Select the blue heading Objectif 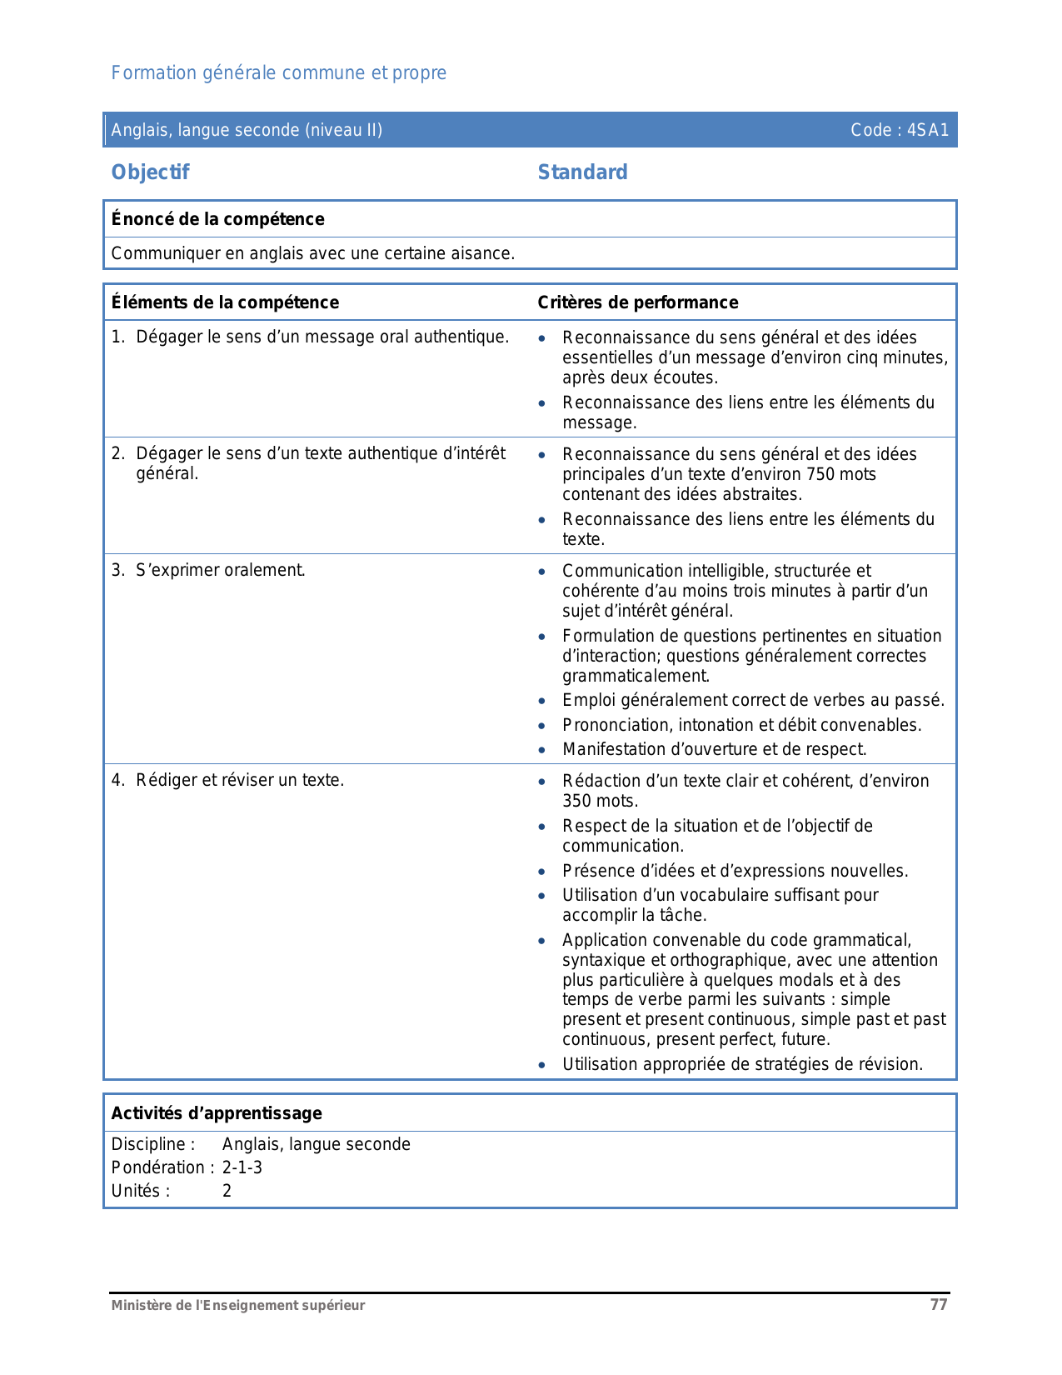click(x=150, y=172)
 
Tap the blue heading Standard click(x=582, y=172)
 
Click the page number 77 click(x=939, y=1305)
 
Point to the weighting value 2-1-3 click(x=242, y=1167)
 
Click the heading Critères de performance click(x=637, y=302)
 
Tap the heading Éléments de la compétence click(x=225, y=302)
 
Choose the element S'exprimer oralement click(x=220, y=571)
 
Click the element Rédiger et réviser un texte click(x=240, y=781)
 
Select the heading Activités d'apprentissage click(x=217, y=1113)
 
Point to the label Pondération click(x=158, y=1167)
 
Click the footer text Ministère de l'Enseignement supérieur click(x=238, y=1306)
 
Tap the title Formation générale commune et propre click(x=278, y=73)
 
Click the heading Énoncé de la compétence click(x=217, y=219)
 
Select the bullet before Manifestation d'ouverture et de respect click(x=542, y=750)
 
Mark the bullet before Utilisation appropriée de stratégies click(x=542, y=1065)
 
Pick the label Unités click(x=140, y=1191)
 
